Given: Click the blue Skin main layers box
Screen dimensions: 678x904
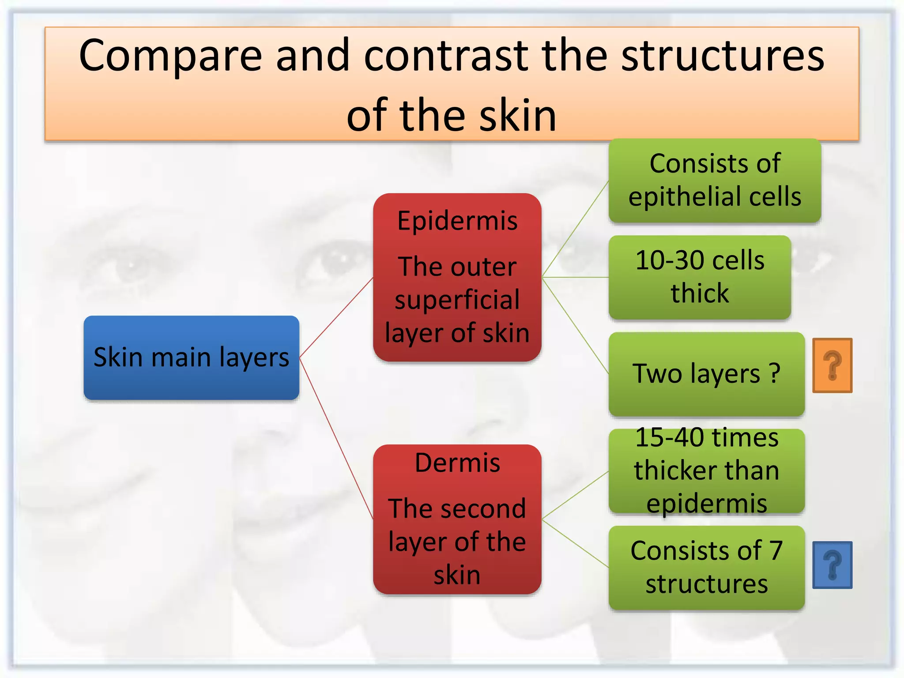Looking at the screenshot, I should coord(191,358).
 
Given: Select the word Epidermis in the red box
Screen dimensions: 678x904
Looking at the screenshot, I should coord(457,221).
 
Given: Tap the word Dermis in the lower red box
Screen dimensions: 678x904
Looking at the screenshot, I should coord(457,463).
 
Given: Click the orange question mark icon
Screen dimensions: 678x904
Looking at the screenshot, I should coord(832,365).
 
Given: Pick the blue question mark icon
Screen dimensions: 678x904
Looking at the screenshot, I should coord(832,565).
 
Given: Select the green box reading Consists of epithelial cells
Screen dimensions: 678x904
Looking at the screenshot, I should coord(715,180).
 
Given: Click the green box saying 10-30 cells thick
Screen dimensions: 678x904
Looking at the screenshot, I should coord(700,277).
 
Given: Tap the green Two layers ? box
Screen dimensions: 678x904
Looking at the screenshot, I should coord(706,374).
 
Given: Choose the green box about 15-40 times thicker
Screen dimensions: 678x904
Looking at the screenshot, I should coord(706,471).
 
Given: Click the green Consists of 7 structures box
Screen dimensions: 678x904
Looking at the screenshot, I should coord(706,568).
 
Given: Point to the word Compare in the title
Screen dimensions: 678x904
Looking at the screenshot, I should coord(170,56).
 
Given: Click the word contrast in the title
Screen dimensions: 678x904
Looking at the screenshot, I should coord(446,56).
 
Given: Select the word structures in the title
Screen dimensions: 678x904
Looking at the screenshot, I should coord(723,56).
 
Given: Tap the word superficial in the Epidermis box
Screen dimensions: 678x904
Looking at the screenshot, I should coord(457,300).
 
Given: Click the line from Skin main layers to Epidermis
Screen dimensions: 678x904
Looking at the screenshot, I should coord(336,317).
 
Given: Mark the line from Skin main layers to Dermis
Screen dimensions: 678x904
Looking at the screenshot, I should coord(336,438).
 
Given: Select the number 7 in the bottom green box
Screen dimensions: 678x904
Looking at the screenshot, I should coord(776,551).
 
